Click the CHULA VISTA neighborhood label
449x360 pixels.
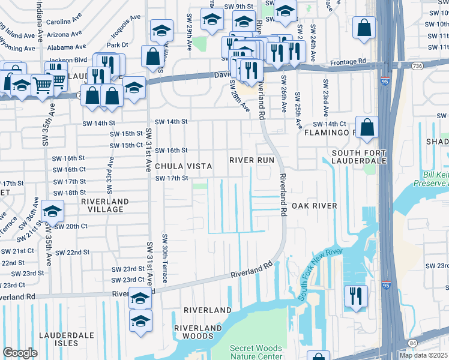(183, 166)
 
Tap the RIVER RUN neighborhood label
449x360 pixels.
(252, 160)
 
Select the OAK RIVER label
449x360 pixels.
(314, 206)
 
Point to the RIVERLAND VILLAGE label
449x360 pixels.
(98, 205)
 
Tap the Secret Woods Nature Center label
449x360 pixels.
(256, 353)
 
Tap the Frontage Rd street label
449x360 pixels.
(349, 61)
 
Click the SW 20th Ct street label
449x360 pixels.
(70, 226)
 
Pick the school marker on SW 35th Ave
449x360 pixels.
(53, 211)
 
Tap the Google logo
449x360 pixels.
(20, 353)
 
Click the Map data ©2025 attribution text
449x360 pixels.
(423, 355)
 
